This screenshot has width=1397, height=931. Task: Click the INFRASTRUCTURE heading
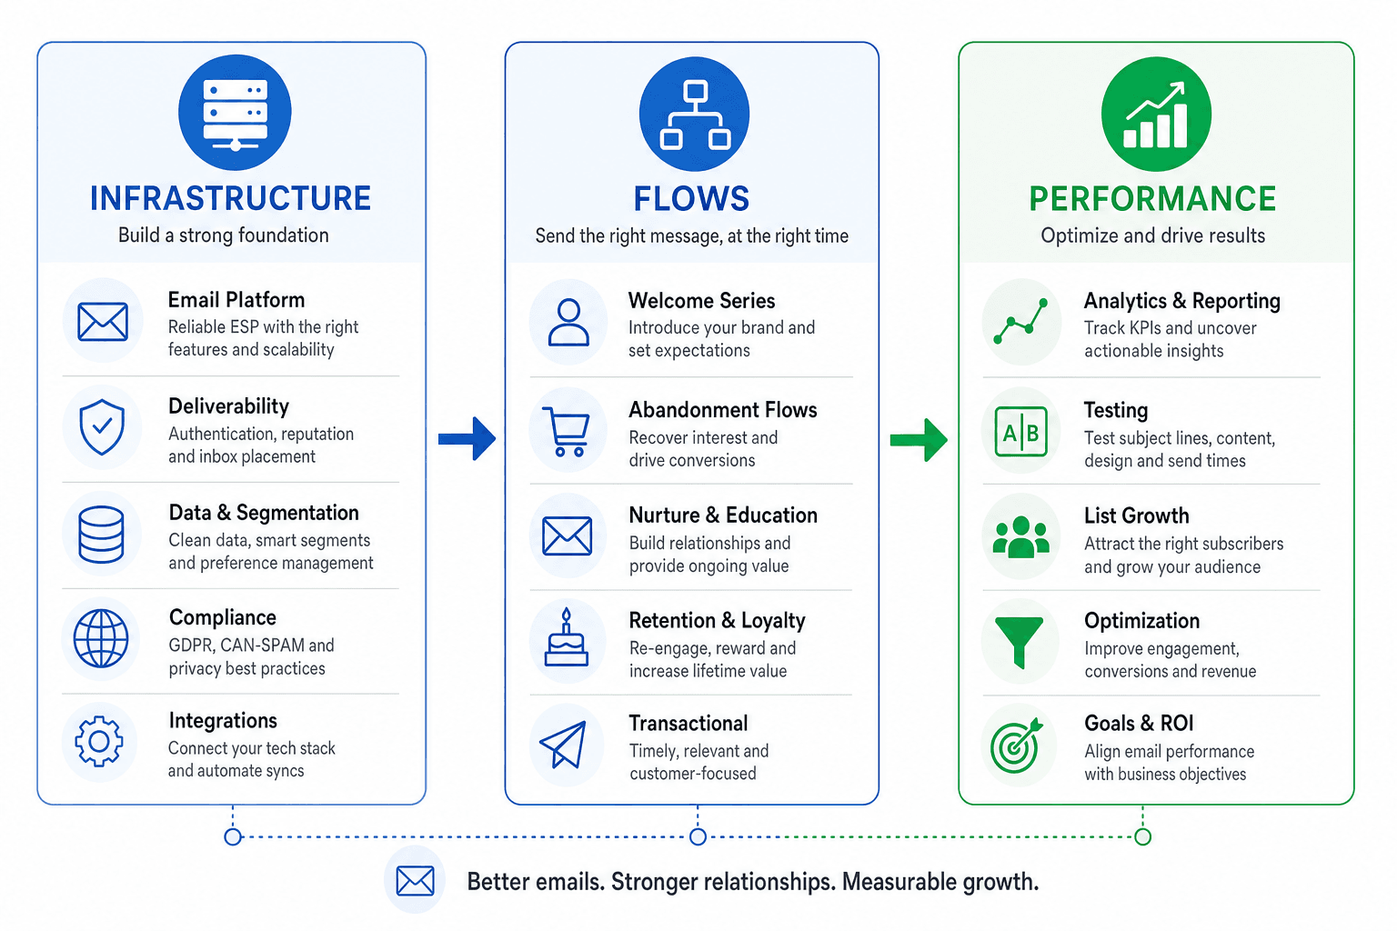pyautogui.click(x=230, y=198)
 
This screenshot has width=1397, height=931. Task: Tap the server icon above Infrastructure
pyautogui.click(x=236, y=112)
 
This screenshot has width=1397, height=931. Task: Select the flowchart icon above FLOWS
pyautogui.click(x=695, y=115)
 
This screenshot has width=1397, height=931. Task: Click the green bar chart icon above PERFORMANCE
pyautogui.click(x=1156, y=115)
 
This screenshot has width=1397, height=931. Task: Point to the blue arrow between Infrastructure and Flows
pyautogui.click(x=467, y=438)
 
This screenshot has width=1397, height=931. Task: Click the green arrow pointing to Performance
pyautogui.click(x=919, y=440)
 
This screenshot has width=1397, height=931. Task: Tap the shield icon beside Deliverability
pyautogui.click(x=102, y=427)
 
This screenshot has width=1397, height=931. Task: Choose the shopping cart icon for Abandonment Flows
pyautogui.click(x=567, y=432)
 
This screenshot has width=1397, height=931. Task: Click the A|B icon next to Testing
pyautogui.click(x=1021, y=432)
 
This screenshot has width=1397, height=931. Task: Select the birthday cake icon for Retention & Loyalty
pyautogui.click(x=567, y=638)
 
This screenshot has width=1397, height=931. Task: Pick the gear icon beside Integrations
pyautogui.click(x=98, y=741)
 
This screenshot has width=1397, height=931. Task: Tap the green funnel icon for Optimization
pyautogui.click(x=1019, y=642)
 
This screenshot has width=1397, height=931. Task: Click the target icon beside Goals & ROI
pyautogui.click(x=1016, y=746)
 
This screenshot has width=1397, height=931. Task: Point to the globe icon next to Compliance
pyautogui.click(x=101, y=638)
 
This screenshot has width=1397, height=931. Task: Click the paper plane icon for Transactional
pyautogui.click(x=564, y=745)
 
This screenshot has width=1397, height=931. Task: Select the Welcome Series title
pyautogui.click(x=701, y=301)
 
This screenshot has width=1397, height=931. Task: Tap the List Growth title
pyautogui.click(x=1136, y=516)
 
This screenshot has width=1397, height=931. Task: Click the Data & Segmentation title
pyautogui.click(x=264, y=513)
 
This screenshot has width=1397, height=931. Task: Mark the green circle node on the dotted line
pyautogui.click(x=1142, y=836)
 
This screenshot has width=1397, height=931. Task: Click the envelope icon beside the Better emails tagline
pyautogui.click(x=416, y=881)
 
